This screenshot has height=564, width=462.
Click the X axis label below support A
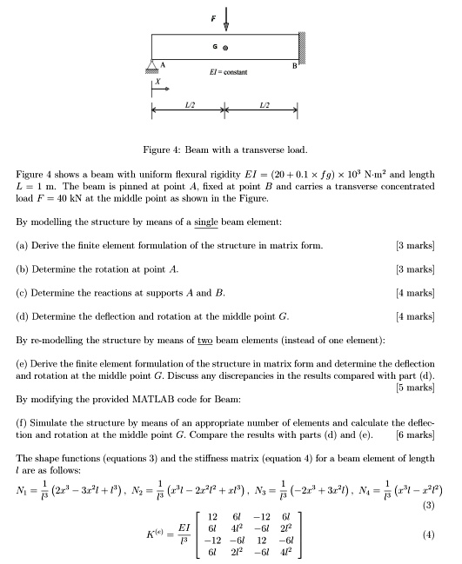click(x=157, y=85)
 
